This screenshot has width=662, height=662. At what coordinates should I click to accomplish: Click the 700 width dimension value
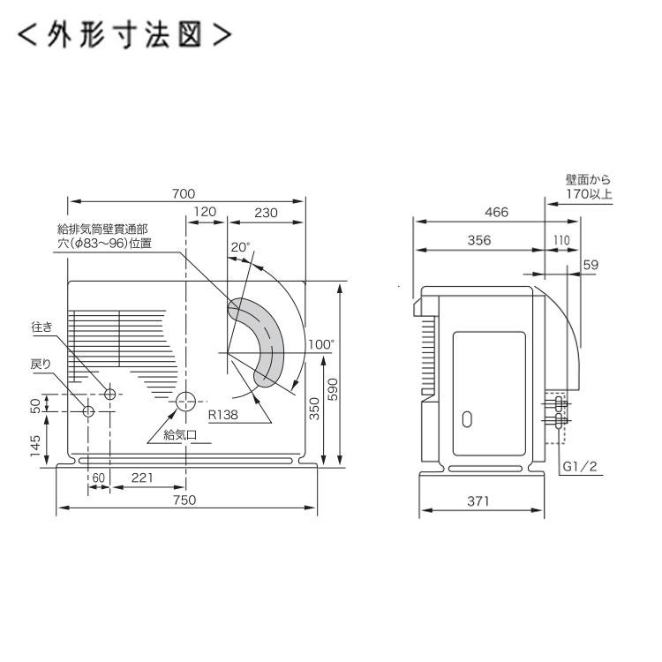183,194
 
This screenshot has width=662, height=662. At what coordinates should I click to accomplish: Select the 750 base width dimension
184,500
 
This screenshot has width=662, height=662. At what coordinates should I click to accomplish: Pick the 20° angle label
240,248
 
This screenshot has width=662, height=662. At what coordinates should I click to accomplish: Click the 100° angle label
321,344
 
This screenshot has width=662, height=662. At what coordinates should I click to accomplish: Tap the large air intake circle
185,402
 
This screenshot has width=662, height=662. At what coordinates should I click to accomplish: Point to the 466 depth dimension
494,212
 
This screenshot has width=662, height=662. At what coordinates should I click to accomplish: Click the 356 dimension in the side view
478,240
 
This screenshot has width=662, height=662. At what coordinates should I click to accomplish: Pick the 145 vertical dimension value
34,440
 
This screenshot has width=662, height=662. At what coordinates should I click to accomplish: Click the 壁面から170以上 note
588,188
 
